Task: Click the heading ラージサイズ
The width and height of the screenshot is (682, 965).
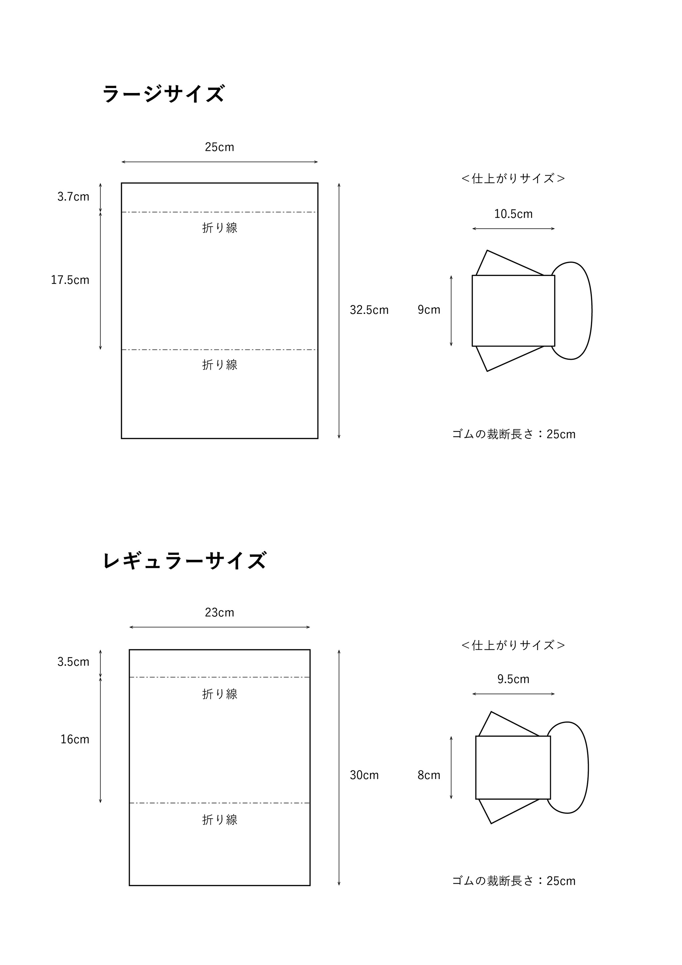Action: pyautogui.click(x=164, y=93)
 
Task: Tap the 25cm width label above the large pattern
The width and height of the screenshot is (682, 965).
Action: pyautogui.click(x=219, y=147)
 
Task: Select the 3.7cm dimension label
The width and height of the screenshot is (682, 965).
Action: pyautogui.click(x=74, y=197)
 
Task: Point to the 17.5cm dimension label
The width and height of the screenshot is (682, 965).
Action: pyautogui.click(x=70, y=280)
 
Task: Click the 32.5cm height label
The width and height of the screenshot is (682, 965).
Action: pyautogui.click(x=369, y=310)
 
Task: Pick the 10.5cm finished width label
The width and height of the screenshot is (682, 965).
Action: pyautogui.click(x=513, y=214)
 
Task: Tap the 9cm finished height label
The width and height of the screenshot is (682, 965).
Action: pyautogui.click(x=429, y=310)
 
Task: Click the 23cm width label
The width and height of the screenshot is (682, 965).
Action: pyautogui.click(x=219, y=612)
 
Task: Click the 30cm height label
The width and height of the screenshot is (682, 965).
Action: pyautogui.click(x=364, y=775)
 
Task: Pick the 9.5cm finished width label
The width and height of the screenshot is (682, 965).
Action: pyautogui.click(x=513, y=679)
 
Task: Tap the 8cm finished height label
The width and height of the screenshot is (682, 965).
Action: pyautogui.click(x=429, y=775)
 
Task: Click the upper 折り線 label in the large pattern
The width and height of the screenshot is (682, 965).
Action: pyautogui.click(x=220, y=228)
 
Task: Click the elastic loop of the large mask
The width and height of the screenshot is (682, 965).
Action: pyautogui.click(x=591, y=311)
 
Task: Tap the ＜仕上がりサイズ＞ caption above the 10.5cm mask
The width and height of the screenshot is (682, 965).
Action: pyautogui.click(x=513, y=179)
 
